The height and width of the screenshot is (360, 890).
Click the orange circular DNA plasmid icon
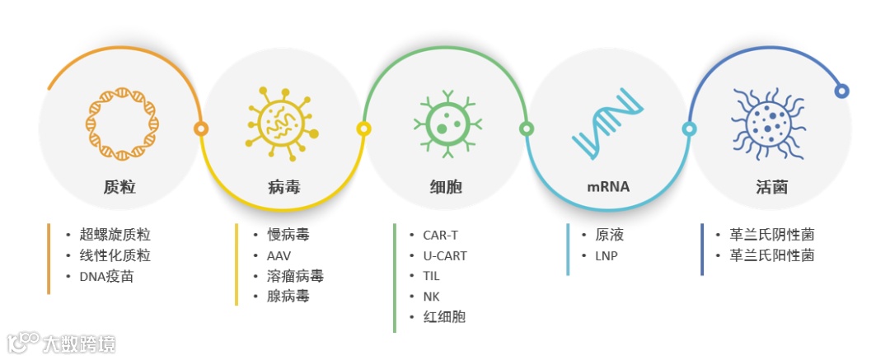point(123,124)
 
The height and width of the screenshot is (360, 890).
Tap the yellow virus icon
point(280,124)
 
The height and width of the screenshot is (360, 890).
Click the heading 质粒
point(120,187)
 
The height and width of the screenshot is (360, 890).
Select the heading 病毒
point(283,187)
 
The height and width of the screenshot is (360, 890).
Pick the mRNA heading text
point(608,187)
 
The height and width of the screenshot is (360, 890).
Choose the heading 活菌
point(771,187)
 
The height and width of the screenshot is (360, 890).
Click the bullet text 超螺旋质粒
point(115,235)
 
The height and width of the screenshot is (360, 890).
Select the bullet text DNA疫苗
point(106,276)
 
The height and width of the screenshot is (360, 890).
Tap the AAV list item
point(279,255)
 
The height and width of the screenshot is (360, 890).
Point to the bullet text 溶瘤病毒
point(295,276)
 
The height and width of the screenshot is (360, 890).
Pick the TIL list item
point(432,276)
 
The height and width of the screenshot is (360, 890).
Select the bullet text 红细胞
point(444,316)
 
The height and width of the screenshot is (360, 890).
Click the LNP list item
point(606,255)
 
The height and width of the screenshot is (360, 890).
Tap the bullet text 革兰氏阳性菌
point(771,255)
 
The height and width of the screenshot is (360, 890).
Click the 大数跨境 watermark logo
point(62,342)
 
